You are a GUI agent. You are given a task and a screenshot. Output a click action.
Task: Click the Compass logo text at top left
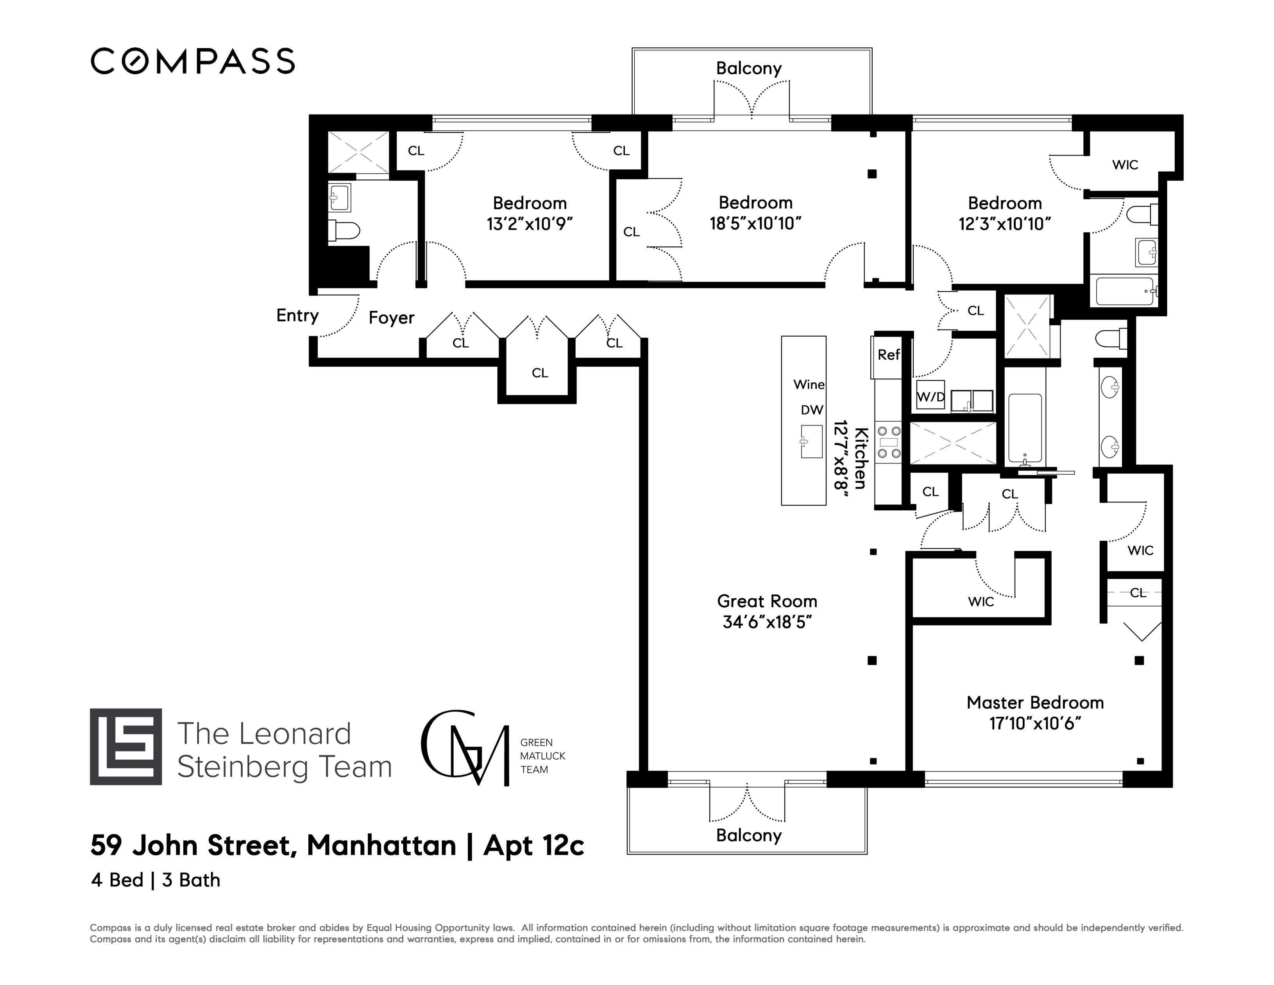193,61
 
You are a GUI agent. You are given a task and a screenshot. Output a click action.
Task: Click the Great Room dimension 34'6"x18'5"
767,623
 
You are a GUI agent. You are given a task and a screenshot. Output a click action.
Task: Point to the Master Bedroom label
1035,703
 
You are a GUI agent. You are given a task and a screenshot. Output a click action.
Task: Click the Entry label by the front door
297,316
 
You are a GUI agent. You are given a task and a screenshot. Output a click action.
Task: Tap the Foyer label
392,318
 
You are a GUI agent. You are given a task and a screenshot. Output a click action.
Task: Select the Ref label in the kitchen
888,355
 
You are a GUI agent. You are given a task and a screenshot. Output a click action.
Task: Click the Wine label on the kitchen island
809,384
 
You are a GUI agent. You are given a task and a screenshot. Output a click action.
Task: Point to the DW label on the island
811,410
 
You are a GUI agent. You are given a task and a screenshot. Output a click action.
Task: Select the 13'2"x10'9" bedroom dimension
530,224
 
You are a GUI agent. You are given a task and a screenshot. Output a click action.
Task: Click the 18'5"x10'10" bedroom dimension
755,224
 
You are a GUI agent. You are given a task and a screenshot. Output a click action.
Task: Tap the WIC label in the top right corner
1125,165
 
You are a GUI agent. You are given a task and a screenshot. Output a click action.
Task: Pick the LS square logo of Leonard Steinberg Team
125,746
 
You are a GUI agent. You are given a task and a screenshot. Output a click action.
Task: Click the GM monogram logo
464,748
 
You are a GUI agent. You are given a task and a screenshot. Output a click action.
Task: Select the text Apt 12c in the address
534,845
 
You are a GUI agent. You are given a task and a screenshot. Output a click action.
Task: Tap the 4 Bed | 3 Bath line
156,880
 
